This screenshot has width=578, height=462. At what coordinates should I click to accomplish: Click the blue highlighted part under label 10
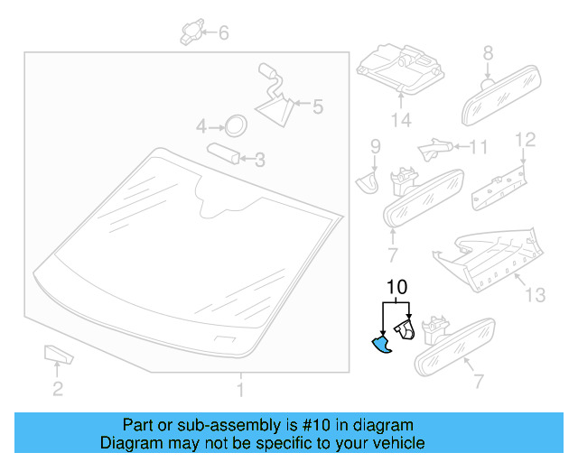[382, 345]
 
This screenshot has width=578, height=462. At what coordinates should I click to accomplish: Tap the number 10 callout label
[396, 288]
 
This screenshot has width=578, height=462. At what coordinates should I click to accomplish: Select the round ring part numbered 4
[235, 125]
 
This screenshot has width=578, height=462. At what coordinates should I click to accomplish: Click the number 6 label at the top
[223, 33]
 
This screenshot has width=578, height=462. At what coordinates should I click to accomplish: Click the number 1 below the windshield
[240, 391]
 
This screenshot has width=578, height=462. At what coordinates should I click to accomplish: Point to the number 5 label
[316, 107]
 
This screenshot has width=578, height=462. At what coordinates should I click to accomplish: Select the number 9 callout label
[375, 144]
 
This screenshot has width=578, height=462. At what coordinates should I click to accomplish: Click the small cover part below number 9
[366, 180]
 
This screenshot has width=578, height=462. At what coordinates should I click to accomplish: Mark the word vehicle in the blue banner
[395, 443]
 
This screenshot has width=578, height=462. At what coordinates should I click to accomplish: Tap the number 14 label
[399, 120]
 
